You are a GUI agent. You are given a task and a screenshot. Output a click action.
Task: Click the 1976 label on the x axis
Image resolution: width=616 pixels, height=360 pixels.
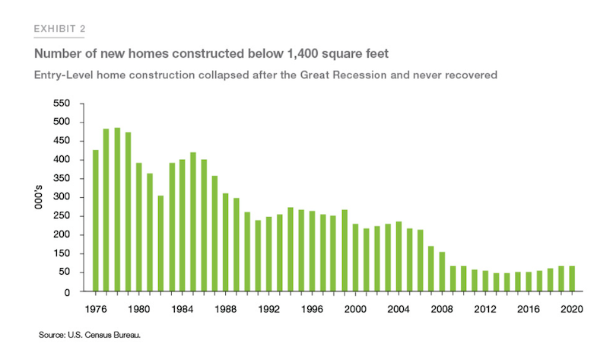[x=95, y=309]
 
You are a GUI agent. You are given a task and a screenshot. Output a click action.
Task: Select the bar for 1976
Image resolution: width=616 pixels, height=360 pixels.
[x=96, y=220]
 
